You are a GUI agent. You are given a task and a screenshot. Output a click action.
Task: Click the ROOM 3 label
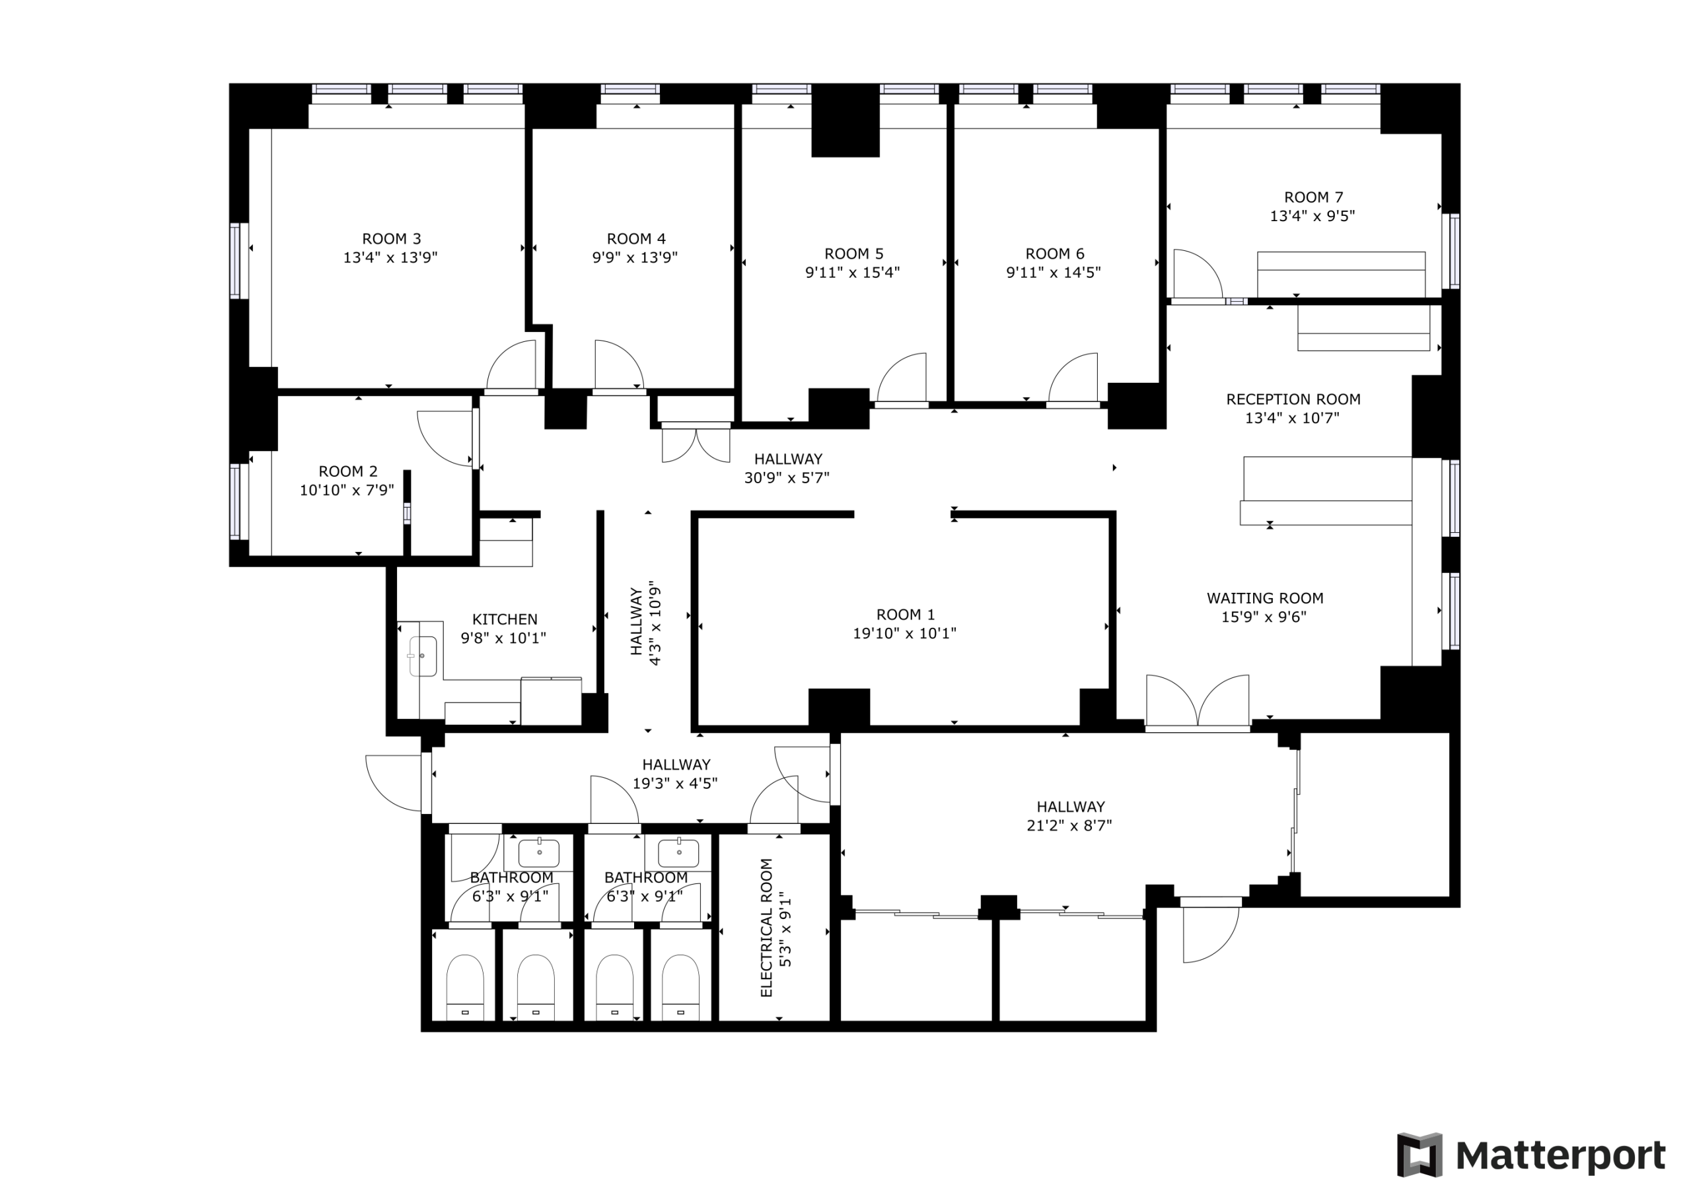pos(391,238)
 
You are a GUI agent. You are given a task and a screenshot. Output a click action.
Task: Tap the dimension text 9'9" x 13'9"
pos(635,257)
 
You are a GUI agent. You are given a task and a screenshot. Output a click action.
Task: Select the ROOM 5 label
pos(853,254)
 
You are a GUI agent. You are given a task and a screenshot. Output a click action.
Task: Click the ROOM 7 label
pos(1313,197)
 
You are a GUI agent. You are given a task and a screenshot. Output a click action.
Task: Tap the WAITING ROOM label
pos(1264,599)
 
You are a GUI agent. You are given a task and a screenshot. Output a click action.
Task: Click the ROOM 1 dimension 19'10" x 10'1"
pos(904,633)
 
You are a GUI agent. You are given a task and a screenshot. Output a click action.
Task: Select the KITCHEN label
pos(505,619)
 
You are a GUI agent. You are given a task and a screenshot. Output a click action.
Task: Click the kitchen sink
pos(422,656)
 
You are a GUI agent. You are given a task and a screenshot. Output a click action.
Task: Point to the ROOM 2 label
pos(347,471)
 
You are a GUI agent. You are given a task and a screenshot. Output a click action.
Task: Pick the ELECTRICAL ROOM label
pos(767,928)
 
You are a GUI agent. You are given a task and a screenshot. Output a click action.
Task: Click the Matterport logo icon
pos(1420,1155)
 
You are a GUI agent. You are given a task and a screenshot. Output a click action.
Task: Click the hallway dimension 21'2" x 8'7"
pos(1069,825)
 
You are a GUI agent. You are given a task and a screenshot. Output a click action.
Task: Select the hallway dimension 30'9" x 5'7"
pos(787,478)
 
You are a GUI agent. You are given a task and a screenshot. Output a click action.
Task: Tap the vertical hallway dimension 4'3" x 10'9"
pos(655,626)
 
